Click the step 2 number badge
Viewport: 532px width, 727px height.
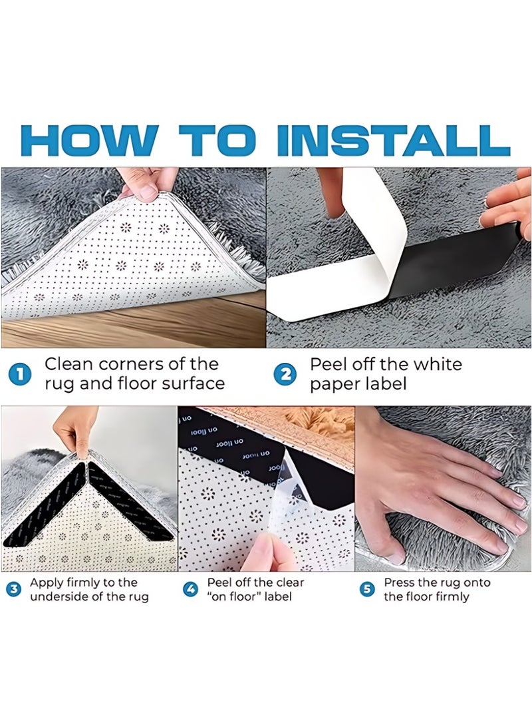pos(286,374)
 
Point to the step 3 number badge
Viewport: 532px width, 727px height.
pos(14,589)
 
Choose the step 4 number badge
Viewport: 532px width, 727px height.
pos(191,589)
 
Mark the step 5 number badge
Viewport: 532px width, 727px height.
pos(366,589)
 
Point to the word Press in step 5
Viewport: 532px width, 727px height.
pos(399,583)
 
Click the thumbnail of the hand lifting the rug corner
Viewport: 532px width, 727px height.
pos(134,258)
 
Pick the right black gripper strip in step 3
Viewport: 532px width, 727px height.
pos(130,503)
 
